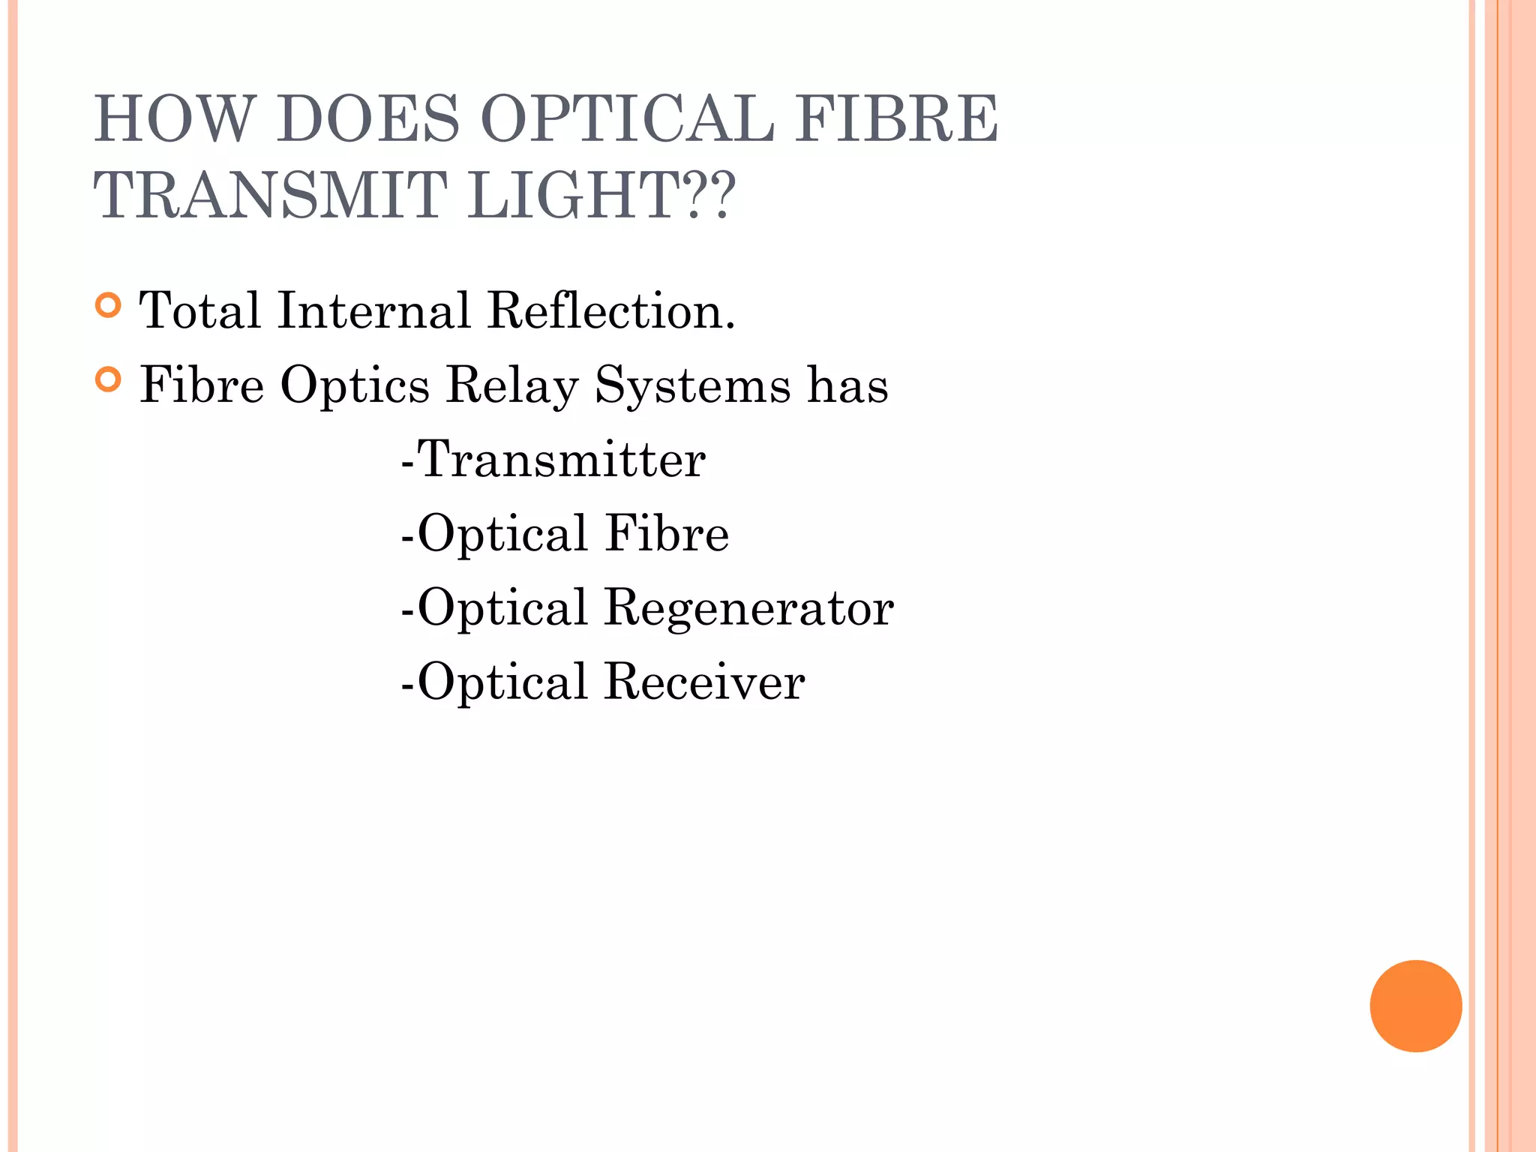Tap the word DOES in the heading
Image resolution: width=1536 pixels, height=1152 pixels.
point(367,118)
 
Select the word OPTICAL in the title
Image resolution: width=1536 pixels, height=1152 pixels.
point(627,118)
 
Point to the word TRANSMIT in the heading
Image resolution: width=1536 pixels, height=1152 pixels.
point(270,195)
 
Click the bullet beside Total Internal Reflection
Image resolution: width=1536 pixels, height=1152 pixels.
point(109,306)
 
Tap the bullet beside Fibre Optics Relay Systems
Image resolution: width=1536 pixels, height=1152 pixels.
point(109,380)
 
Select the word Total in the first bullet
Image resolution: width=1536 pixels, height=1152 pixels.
point(200,310)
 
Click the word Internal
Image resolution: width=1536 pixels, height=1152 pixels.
point(373,310)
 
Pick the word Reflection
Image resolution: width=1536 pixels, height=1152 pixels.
point(610,310)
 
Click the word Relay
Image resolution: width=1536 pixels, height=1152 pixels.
point(512,385)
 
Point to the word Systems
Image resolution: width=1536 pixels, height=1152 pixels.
point(693,385)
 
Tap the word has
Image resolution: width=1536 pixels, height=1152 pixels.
point(847,385)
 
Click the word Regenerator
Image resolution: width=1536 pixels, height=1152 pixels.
point(748,607)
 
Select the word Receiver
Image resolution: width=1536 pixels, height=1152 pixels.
point(705,682)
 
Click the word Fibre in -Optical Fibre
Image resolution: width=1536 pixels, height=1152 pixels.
point(667,533)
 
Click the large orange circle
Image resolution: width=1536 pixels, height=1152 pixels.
point(1415,1006)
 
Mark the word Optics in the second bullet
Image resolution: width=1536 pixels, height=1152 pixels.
point(355,385)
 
